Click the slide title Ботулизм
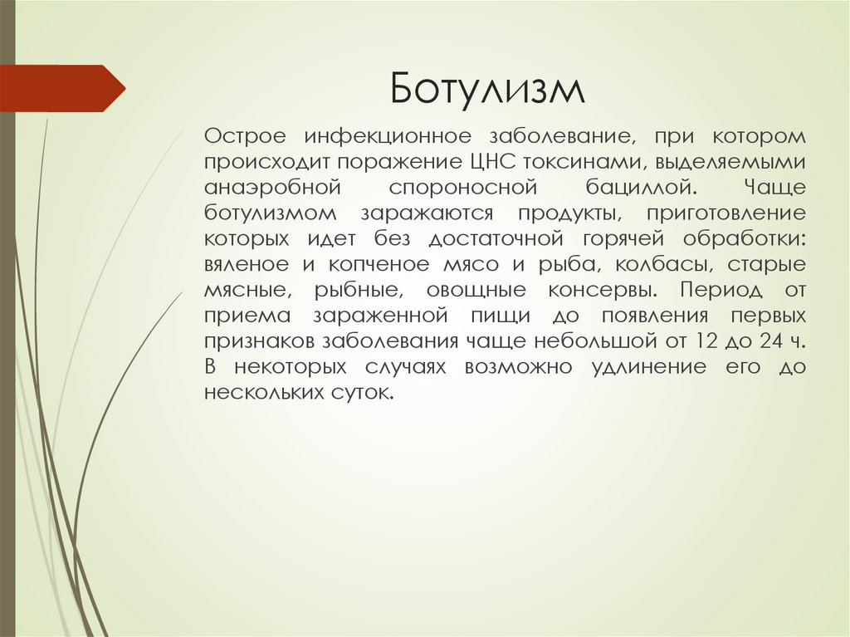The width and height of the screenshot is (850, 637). pos(488,88)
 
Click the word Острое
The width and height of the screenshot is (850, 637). pos(246,135)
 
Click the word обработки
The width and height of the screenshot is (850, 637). pos(743,239)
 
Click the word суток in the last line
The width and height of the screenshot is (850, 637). pos(360,394)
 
